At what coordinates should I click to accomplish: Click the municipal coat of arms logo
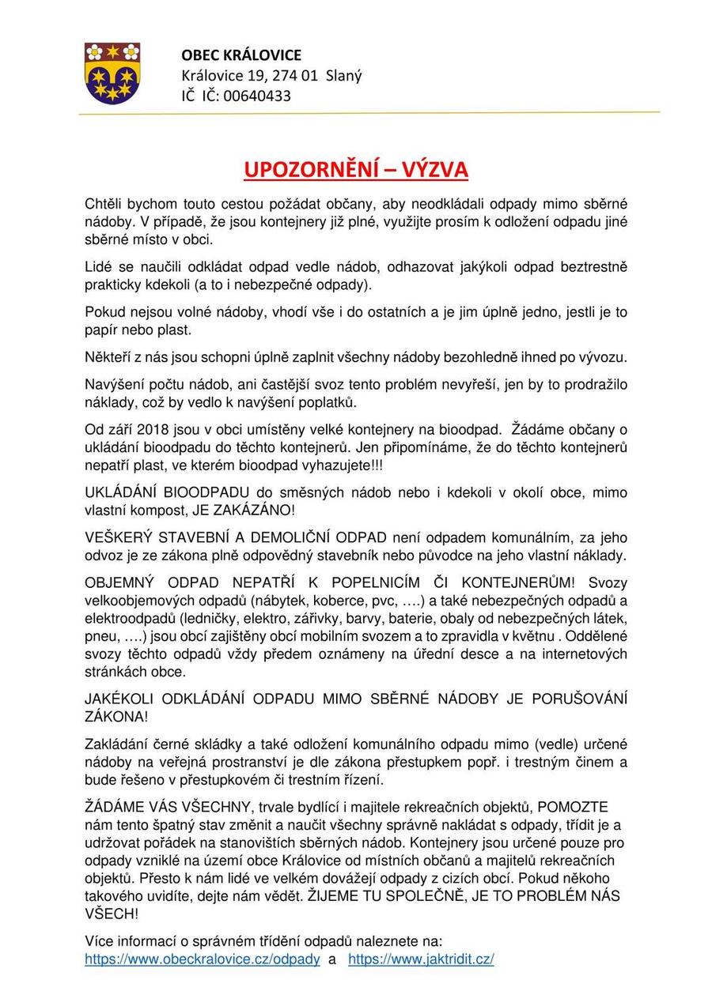(x=112, y=73)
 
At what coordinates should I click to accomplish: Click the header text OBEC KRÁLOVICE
(x=241, y=55)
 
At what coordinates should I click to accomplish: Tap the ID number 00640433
(x=257, y=96)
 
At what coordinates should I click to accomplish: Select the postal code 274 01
(x=296, y=76)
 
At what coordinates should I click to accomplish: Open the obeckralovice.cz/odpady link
(x=203, y=959)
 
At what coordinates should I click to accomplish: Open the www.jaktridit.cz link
(x=421, y=959)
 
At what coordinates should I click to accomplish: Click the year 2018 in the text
(x=153, y=430)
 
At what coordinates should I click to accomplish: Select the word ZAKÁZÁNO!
(x=259, y=511)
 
